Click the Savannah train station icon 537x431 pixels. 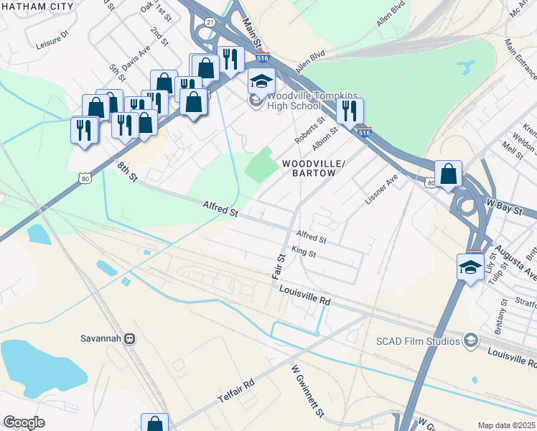[x=130, y=338]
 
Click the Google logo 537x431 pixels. [x=24, y=422]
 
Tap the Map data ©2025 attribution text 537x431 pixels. [x=505, y=425]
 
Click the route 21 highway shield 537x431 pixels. [x=209, y=22]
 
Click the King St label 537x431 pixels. [x=304, y=253]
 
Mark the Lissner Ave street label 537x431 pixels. [x=380, y=188]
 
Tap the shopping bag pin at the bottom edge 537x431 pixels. [x=154, y=424]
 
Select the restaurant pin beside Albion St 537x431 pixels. [x=350, y=111]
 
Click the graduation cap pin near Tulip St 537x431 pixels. [x=470, y=267]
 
